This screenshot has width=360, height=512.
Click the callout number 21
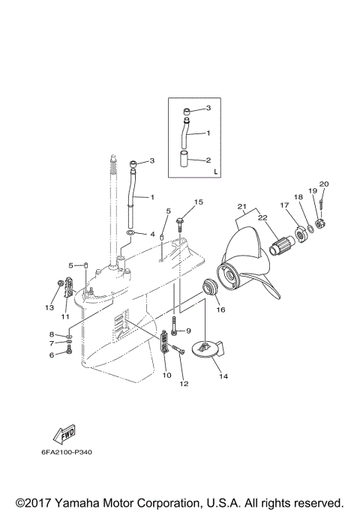tap(241, 207)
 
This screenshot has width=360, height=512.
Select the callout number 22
tap(262, 217)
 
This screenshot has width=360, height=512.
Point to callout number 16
tap(220, 308)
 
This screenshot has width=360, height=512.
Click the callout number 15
tap(199, 202)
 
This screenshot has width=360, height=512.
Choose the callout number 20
tap(324, 184)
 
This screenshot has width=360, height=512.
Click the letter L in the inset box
tap(215, 171)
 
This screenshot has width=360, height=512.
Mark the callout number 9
tap(188, 331)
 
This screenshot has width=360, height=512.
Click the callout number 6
tap(52, 355)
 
